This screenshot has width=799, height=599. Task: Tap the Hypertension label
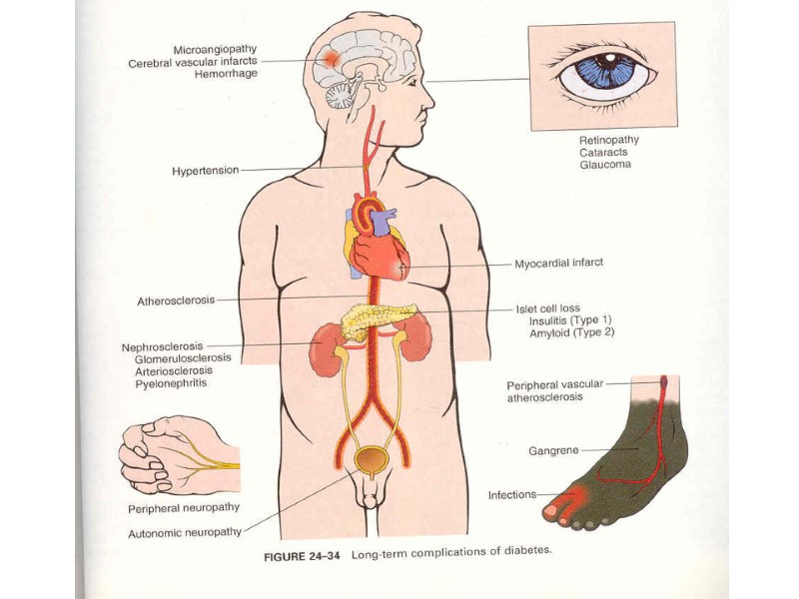tap(205, 171)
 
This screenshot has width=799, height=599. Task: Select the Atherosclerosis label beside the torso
tap(175, 300)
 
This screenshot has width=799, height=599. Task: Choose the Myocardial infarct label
tap(558, 264)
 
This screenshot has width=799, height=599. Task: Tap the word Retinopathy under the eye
tap(609, 140)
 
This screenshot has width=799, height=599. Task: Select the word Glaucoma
tap(605, 165)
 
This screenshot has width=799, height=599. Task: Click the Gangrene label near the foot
tap(553, 451)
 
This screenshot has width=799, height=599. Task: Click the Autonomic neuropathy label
tap(184, 534)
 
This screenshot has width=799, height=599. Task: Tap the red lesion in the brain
tap(331, 59)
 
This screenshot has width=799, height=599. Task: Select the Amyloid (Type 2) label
tap(571, 333)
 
